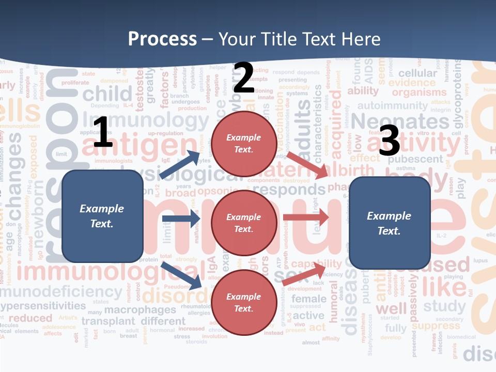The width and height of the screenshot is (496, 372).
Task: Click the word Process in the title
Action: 162,39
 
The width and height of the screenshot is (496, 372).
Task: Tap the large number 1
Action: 103,133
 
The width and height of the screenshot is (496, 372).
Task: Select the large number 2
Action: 243,78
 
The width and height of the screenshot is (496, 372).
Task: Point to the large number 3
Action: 389,141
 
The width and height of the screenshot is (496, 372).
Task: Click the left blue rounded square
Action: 102,216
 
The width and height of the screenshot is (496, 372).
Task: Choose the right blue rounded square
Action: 390,223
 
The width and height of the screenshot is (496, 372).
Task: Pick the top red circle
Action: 243,144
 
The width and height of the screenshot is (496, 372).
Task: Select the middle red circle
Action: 243,223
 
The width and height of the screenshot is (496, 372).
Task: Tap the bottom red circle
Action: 243,302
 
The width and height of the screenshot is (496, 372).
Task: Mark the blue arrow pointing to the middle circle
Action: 181,219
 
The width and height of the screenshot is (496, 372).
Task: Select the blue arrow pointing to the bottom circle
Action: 182,276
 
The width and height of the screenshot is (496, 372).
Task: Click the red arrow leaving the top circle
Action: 307,165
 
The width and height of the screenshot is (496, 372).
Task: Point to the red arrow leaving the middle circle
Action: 306,218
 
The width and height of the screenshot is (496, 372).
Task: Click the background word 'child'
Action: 107,94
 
